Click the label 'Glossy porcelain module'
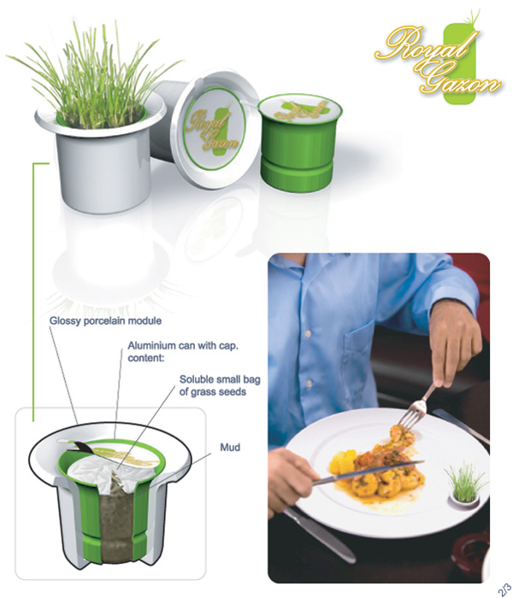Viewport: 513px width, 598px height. click(105, 320)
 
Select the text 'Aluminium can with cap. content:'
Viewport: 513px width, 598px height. click(183, 352)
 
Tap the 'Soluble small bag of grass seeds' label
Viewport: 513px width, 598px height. click(220, 385)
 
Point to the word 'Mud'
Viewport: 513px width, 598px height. click(230, 447)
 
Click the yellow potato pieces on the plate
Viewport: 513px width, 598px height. click(344, 460)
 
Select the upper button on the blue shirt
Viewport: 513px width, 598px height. click(308, 333)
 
